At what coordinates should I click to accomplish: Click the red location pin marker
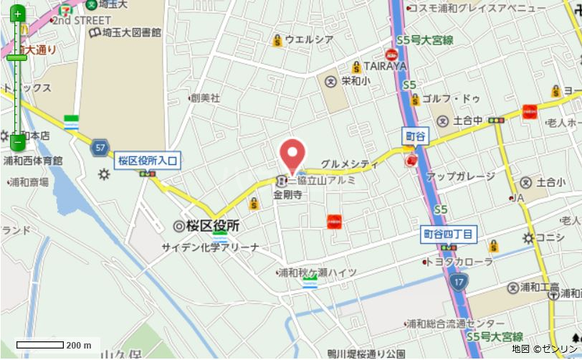292,153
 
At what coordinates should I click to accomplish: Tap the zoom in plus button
18,14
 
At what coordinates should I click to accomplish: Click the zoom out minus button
18,141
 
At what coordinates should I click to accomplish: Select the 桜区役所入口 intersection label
147,161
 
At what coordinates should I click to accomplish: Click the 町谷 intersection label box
415,136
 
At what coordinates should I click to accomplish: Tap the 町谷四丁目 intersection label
448,233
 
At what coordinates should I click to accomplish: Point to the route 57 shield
100,148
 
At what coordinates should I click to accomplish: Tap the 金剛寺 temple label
286,194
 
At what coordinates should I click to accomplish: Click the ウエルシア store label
309,39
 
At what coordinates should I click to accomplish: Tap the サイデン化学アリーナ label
210,247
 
